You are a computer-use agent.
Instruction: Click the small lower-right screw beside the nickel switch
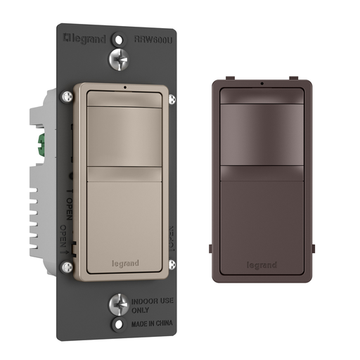pos(167,267)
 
